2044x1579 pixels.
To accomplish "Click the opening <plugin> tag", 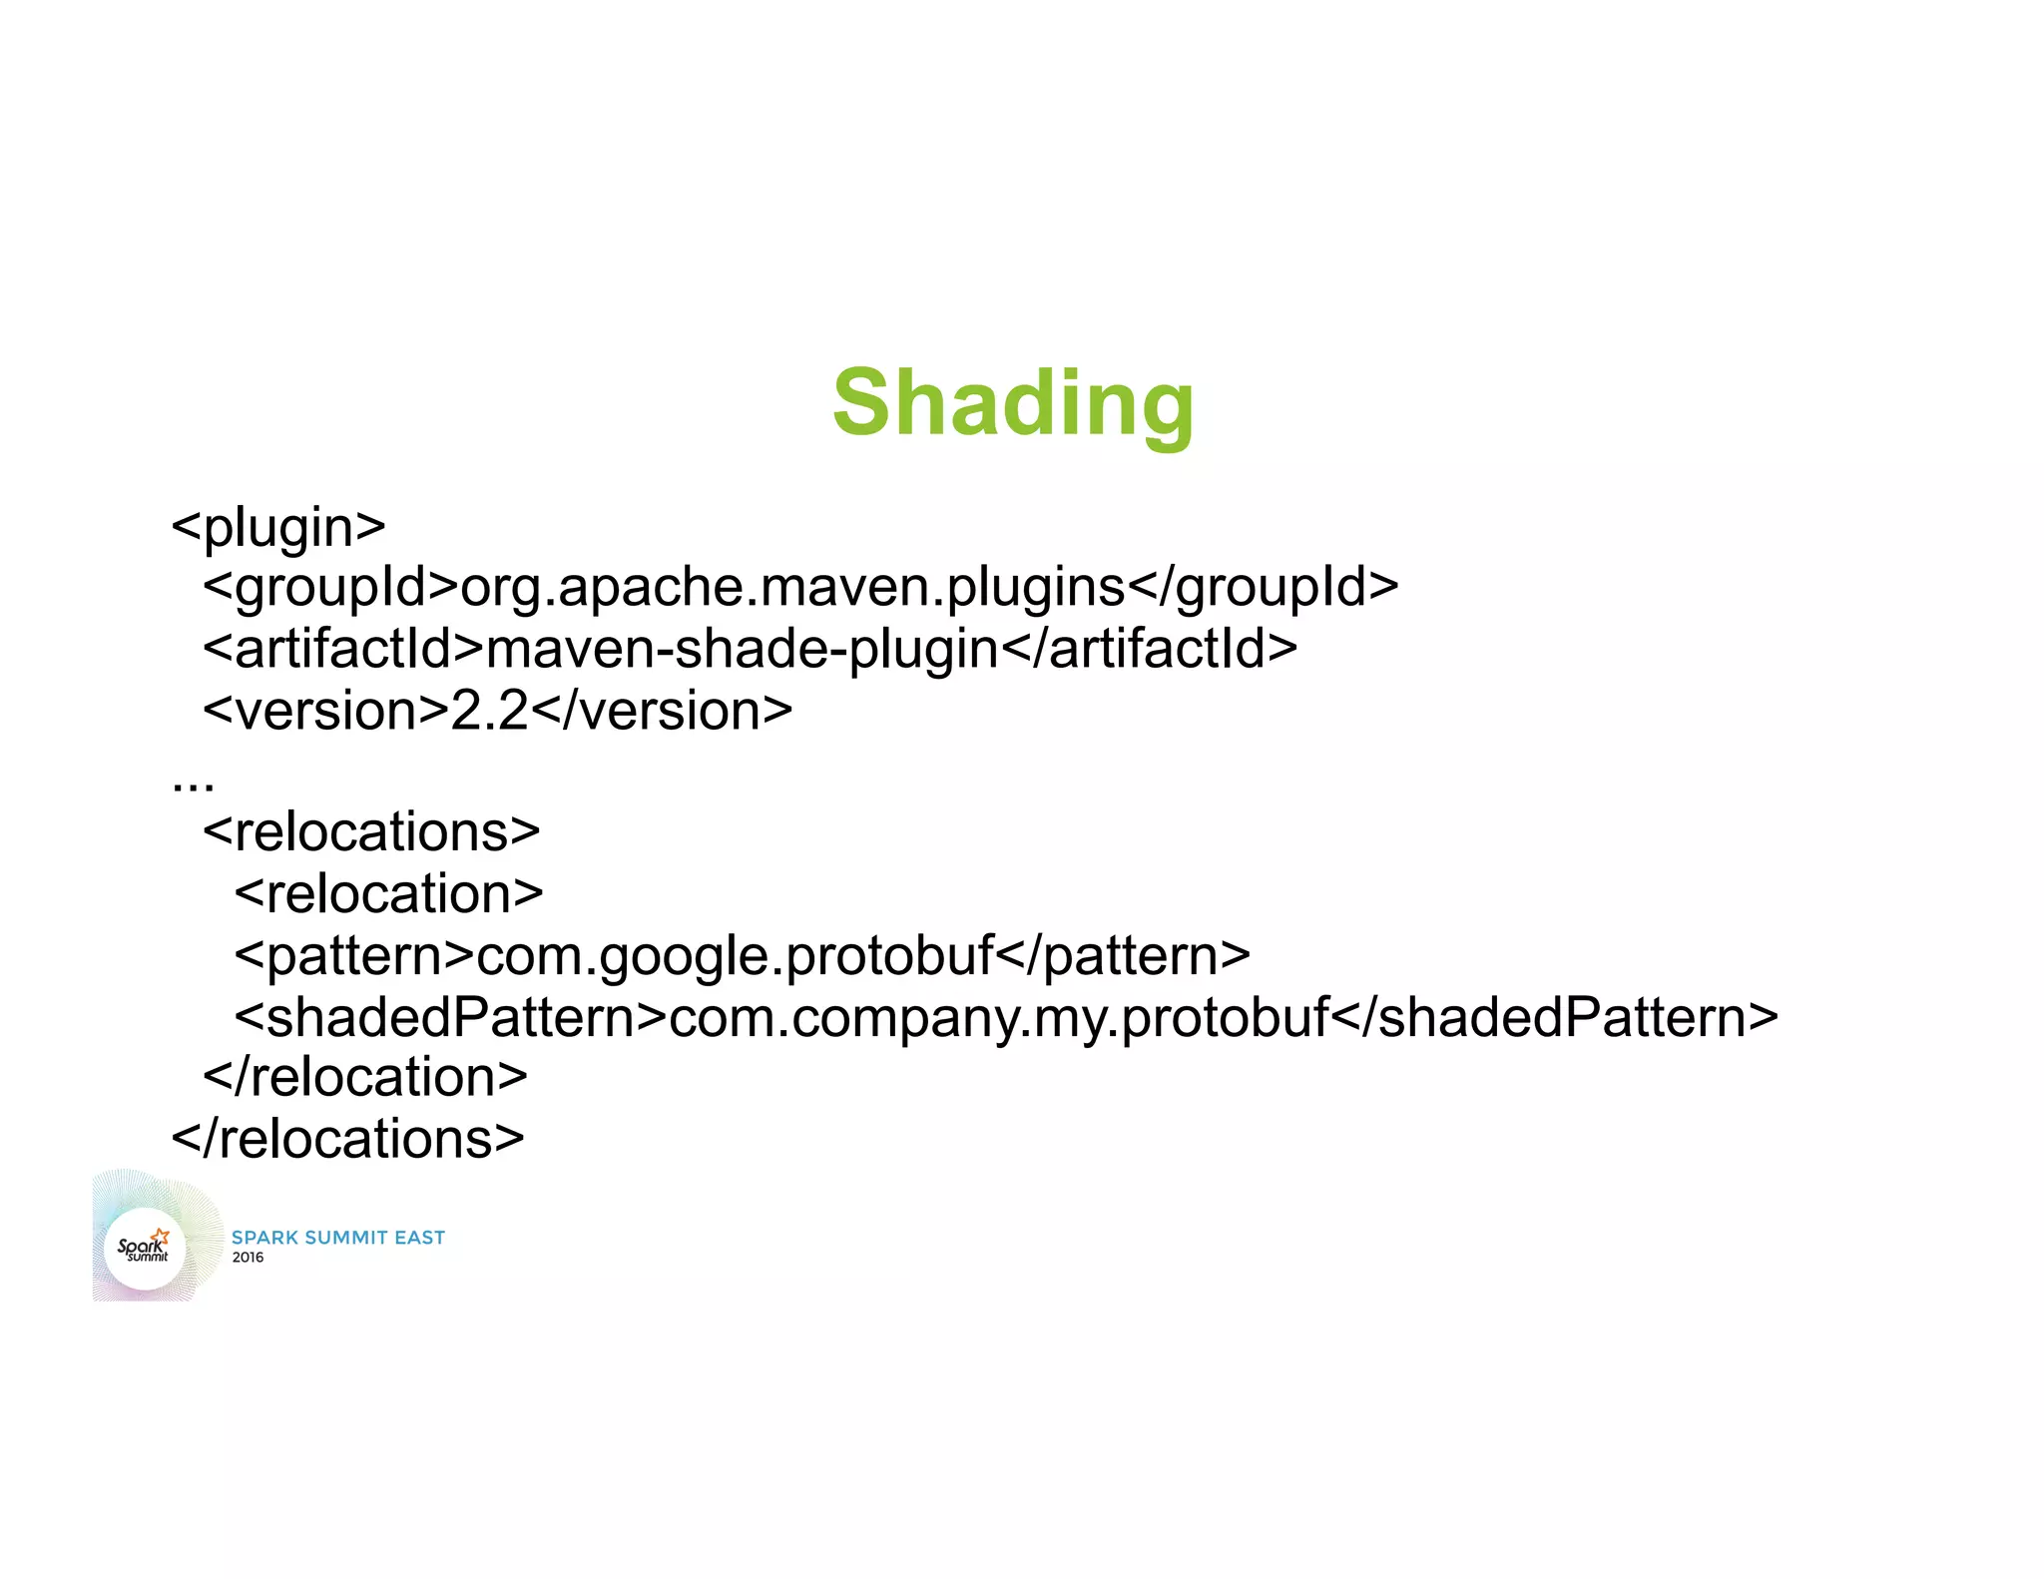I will click(278, 526).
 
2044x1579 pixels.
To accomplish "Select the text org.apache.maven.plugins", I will click(792, 587).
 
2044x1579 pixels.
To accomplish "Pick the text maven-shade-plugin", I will click(742, 649).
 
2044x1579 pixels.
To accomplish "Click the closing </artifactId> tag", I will click(1149, 649).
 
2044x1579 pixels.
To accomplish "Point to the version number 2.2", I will click(489, 711).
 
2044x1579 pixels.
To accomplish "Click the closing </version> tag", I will click(662, 711).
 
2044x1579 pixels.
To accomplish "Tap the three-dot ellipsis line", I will click(193, 784).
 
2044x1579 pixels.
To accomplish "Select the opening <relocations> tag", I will click(371, 832).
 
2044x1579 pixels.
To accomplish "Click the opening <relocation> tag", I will click(389, 893).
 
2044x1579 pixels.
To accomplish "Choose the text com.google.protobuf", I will click(736, 955).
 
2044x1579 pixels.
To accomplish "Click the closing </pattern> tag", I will click(1123, 955).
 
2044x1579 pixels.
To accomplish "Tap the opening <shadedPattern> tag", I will click(451, 1017).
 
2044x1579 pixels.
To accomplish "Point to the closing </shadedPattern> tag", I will click(1555, 1017).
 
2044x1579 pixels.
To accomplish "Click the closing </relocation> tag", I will click(365, 1077).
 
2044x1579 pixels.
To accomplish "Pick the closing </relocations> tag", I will click(348, 1139).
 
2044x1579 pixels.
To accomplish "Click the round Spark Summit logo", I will click(146, 1248).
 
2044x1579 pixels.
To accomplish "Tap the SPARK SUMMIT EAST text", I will click(338, 1238).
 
